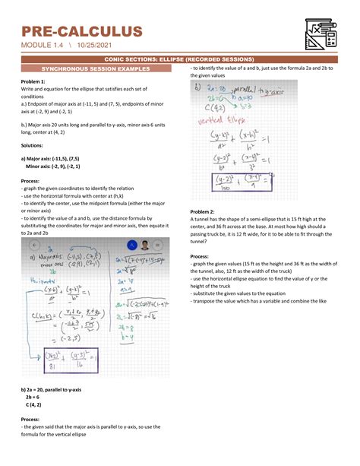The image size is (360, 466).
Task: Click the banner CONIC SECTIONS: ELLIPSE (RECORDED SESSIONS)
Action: coord(179,59)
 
